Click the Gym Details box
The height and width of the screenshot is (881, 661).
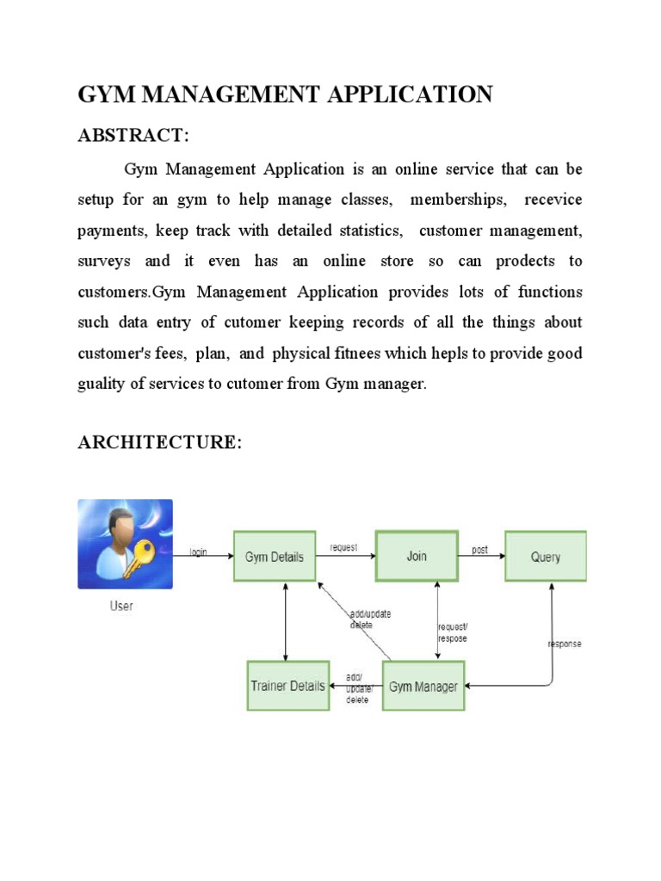274,557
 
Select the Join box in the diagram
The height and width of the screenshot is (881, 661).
417,556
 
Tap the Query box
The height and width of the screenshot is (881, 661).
545,557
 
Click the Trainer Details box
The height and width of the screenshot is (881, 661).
288,686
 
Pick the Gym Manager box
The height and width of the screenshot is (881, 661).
423,686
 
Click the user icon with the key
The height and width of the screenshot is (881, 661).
125,544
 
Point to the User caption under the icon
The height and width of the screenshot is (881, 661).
121,606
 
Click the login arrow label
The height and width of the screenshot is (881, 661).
199,552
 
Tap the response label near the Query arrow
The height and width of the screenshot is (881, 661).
565,644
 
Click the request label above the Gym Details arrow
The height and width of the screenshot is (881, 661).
344,547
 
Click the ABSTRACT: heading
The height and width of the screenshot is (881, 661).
133,136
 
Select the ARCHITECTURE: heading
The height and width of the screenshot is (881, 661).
160,442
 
